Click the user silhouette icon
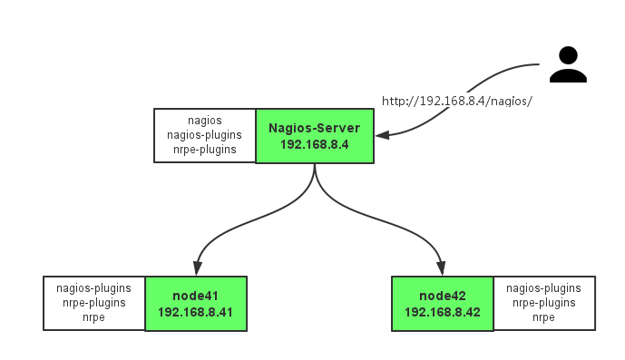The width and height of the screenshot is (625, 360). (568, 65)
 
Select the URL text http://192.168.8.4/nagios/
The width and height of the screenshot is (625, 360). (456, 101)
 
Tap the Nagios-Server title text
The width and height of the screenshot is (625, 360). (314, 128)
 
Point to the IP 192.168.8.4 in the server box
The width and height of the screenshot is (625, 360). (314, 144)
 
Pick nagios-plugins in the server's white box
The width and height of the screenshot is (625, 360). (205, 135)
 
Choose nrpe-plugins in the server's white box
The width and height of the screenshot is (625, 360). (205, 150)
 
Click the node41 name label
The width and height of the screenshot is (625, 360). (195, 296)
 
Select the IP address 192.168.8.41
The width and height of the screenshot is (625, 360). (195, 312)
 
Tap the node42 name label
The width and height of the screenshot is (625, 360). (442, 296)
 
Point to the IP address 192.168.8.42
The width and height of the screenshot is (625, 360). (442, 312)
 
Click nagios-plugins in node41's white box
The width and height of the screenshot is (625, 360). (94, 288)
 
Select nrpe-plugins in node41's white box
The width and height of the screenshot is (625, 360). (94, 303)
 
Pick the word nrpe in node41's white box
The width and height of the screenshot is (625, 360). (94, 317)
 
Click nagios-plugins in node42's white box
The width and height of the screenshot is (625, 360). (543, 288)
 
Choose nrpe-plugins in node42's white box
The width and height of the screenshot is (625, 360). (543, 303)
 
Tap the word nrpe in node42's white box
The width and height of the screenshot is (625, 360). (543, 317)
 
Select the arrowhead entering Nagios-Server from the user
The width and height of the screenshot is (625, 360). (383, 136)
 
